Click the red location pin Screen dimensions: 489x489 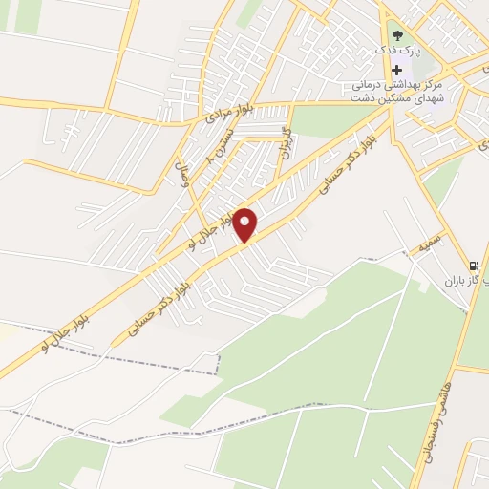click(x=246, y=224)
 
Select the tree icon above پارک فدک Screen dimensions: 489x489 click(x=397, y=36)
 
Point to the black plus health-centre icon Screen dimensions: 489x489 click(x=397, y=71)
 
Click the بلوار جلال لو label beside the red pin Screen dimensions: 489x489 click(x=213, y=223)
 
